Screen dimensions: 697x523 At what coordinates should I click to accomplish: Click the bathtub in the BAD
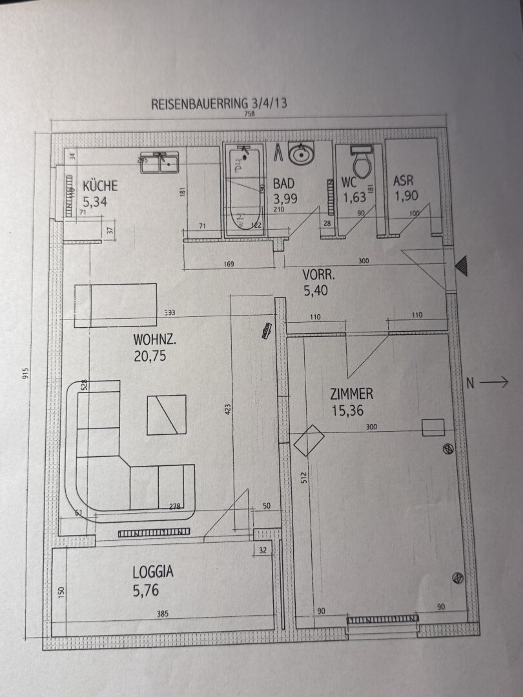pyautogui.click(x=243, y=192)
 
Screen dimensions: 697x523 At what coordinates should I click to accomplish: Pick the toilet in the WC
pyautogui.click(x=360, y=161)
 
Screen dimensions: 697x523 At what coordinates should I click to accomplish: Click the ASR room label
pyautogui.click(x=404, y=181)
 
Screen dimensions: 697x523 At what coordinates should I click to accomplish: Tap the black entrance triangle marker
pyautogui.click(x=461, y=265)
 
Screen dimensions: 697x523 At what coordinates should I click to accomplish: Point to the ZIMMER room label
pyautogui.click(x=351, y=394)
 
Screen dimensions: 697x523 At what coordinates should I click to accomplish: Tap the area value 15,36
pyautogui.click(x=348, y=410)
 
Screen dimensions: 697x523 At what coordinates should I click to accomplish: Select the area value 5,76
pyautogui.click(x=145, y=589)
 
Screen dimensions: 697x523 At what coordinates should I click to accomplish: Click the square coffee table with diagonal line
pyautogui.click(x=167, y=414)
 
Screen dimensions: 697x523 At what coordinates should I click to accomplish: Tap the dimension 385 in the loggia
pyautogui.click(x=162, y=614)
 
